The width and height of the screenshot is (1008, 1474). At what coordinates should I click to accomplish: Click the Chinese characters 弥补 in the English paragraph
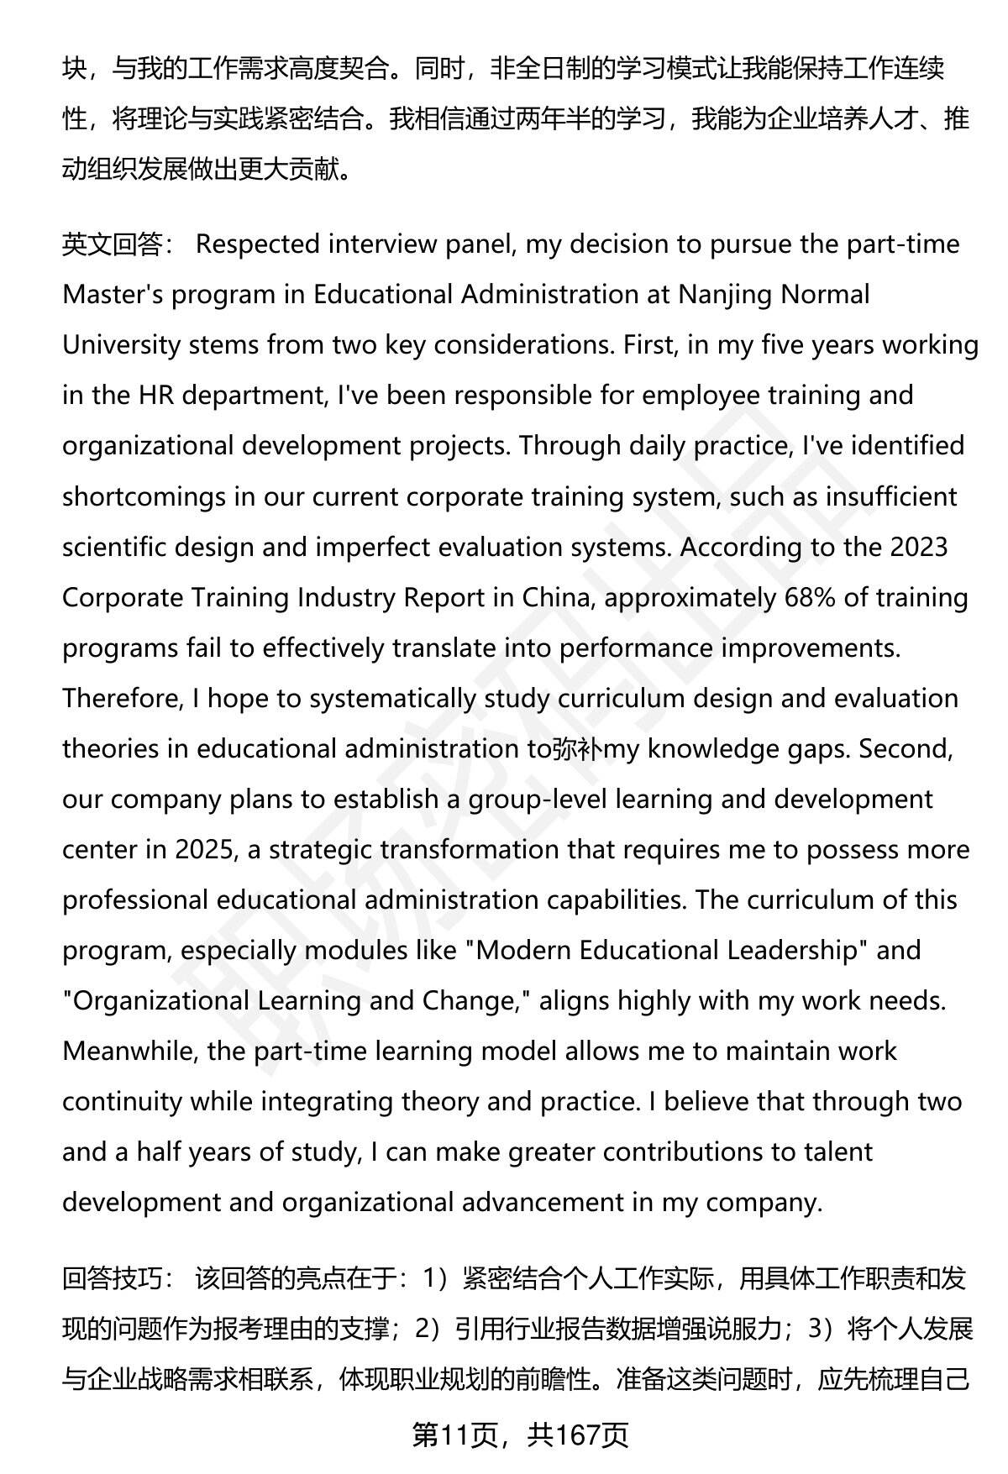coord(577,749)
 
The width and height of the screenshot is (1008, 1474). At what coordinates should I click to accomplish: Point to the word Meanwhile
coord(128,1051)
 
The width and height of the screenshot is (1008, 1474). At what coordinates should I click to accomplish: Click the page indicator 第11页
coord(454,1435)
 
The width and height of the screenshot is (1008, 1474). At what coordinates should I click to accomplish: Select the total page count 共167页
coord(578,1435)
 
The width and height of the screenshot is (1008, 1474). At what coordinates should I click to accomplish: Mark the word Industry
coord(347,597)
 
